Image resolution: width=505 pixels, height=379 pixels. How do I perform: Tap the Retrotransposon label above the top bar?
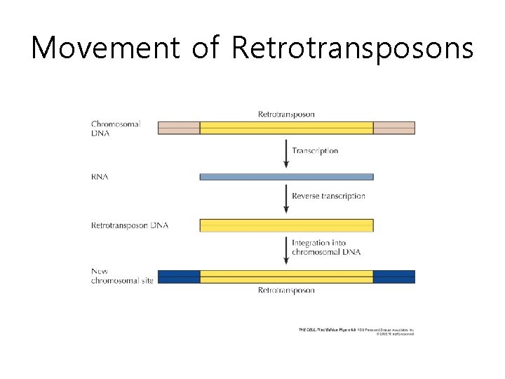(x=286, y=114)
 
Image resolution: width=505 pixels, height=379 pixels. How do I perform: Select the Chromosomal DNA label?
(x=116, y=128)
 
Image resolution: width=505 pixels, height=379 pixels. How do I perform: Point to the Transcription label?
(x=315, y=151)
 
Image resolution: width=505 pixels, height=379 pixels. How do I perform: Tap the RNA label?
(x=100, y=177)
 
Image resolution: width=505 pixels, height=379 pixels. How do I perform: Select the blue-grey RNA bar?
(x=286, y=177)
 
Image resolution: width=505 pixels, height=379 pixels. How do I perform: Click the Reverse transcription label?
(x=328, y=196)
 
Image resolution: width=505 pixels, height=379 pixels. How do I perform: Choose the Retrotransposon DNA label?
(x=130, y=225)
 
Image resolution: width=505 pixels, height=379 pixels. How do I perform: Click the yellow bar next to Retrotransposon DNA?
(x=286, y=225)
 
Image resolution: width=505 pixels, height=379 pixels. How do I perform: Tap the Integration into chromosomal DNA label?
(x=326, y=247)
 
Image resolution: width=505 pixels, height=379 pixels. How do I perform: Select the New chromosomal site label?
(x=121, y=276)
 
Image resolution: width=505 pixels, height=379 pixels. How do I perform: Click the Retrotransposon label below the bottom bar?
(x=286, y=290)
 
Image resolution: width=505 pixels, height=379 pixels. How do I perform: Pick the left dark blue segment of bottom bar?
(x=179, y=277)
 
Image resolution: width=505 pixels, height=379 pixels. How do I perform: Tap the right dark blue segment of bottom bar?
(x=393, y=277)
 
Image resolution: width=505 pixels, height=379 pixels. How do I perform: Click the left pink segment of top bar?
(x=179, y=128)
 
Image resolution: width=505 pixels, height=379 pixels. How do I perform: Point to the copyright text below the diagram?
(x=356, y=331)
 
